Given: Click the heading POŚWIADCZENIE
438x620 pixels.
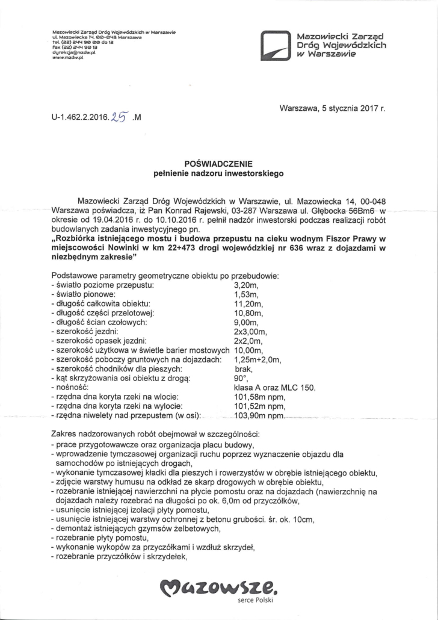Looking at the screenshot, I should pos(219,163).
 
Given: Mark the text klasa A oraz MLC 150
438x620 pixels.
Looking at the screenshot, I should pos(274,389).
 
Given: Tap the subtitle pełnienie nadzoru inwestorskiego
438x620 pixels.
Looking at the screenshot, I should pos(219,173).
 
